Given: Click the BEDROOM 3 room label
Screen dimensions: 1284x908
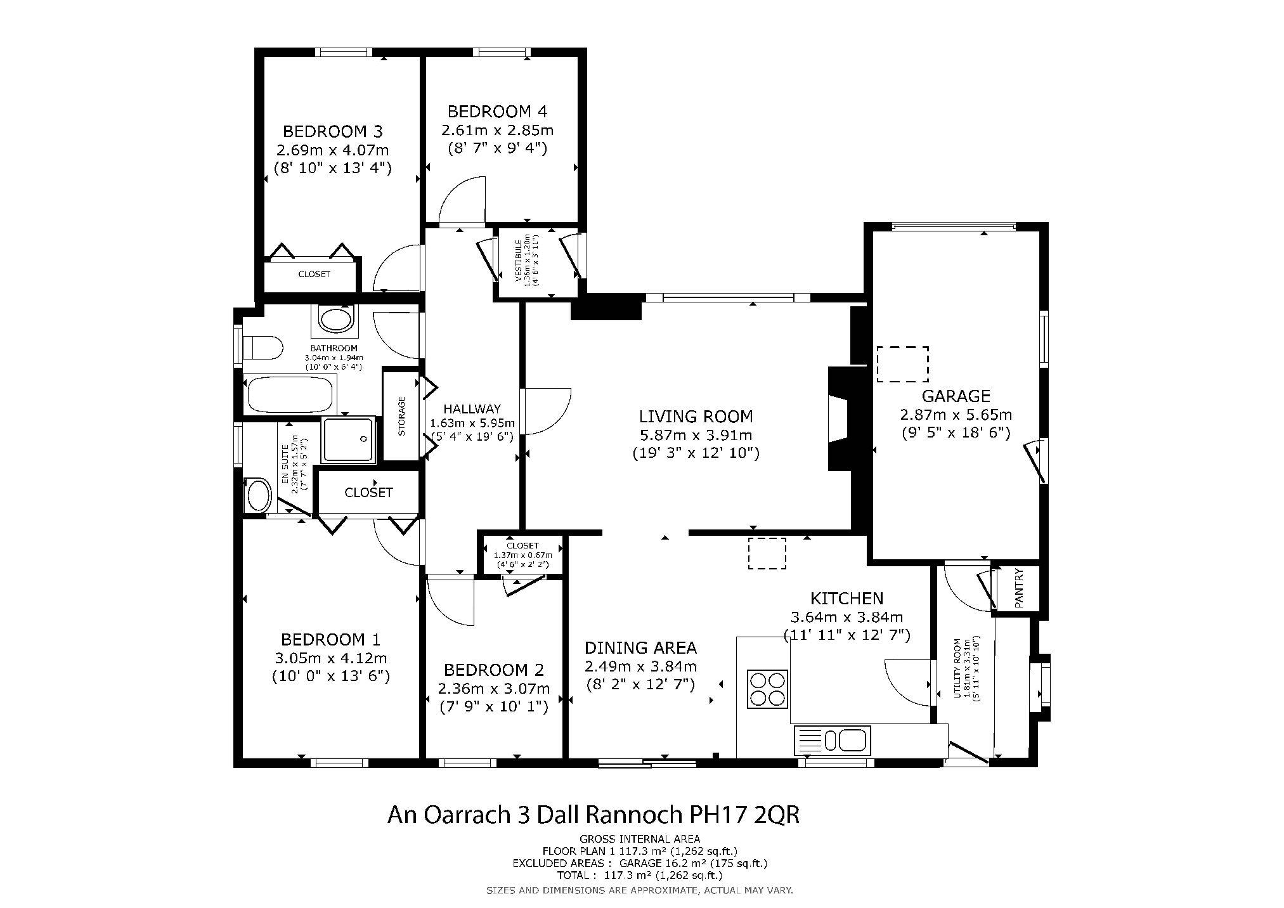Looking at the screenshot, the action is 332,131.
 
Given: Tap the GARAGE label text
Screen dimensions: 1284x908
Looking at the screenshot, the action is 956,396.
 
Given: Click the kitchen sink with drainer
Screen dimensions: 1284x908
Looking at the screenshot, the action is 833,740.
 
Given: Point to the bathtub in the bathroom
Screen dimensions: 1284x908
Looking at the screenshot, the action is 290,394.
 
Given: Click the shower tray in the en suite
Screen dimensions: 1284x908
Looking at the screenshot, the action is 348,439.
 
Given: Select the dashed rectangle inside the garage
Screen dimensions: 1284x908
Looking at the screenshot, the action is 902,364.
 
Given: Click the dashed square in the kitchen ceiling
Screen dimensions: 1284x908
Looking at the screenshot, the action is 767,554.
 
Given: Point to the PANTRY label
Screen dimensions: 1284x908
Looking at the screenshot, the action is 1019,588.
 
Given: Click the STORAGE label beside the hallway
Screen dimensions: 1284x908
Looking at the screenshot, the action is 401,416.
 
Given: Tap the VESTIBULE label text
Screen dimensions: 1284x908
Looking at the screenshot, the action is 518,261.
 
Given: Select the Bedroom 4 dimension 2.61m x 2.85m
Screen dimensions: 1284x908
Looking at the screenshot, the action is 497,131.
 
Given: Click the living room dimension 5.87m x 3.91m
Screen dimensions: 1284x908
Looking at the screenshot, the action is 696,435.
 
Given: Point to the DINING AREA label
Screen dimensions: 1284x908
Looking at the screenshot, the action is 640,647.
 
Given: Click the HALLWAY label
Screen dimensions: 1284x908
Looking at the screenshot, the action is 472,409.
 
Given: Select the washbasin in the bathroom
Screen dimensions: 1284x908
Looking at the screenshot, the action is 335,320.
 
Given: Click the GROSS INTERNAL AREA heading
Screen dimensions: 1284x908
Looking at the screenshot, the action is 640,839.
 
